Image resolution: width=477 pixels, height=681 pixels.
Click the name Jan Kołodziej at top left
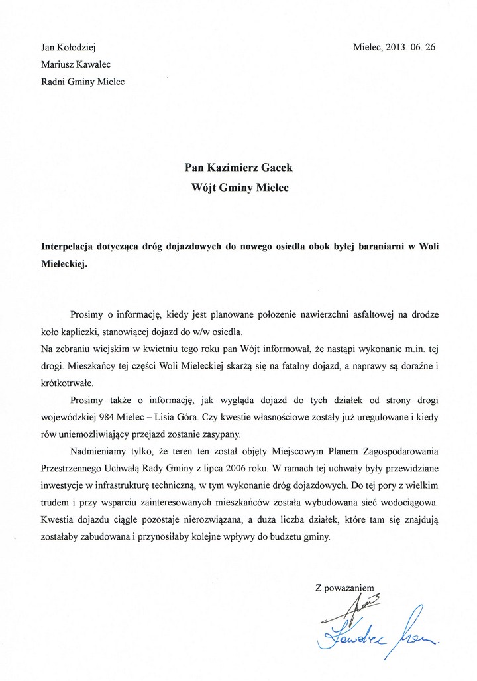pyautogui.click(x=70, y=47)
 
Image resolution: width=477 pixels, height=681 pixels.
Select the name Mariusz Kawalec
pyautogui.click(x=76, y=64)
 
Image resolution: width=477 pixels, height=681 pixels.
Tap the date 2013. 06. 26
pyautogui.click(x=408, y=47)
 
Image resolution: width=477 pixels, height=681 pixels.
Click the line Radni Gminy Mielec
pyautogui.click(x=82, y=82)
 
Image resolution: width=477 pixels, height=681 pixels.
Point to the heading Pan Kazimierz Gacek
pyautogui.click(x=238, y=168)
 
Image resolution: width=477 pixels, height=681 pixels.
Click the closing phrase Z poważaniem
pyautogui.click(x=344, y=588)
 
